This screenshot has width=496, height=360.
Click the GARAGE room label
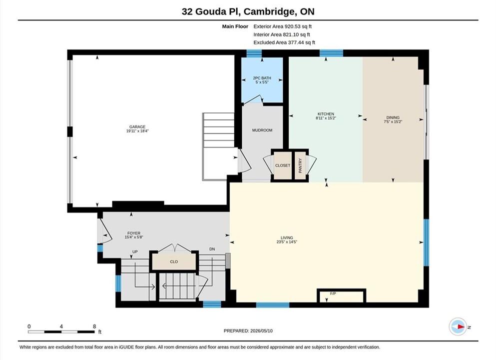(137, 126)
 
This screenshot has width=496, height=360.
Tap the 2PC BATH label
(262, 78)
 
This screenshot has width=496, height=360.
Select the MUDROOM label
(262, 130)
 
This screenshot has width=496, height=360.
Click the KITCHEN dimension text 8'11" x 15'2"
(326, 118)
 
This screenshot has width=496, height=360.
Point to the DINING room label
(393, 117)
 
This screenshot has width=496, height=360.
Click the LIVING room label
(287, 238)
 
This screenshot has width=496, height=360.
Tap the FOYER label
(134, 233)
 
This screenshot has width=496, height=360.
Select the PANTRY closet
(300, 165)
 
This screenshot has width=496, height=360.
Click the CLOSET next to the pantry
(283, 165)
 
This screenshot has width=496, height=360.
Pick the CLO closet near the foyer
(174, 261)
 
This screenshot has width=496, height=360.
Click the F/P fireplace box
(341, 295)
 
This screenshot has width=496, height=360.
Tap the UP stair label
(135, 252)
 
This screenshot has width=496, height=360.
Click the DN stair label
(212, 249)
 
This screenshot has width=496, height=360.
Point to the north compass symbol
(458, 327)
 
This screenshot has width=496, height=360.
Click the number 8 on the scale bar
(94, 326)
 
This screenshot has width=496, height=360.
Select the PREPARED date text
(248, 331)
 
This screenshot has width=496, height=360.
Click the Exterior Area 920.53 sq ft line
(283, 26)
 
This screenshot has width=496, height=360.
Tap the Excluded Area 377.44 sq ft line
(284, 42)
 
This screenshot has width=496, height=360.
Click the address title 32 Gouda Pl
(211, 11)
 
